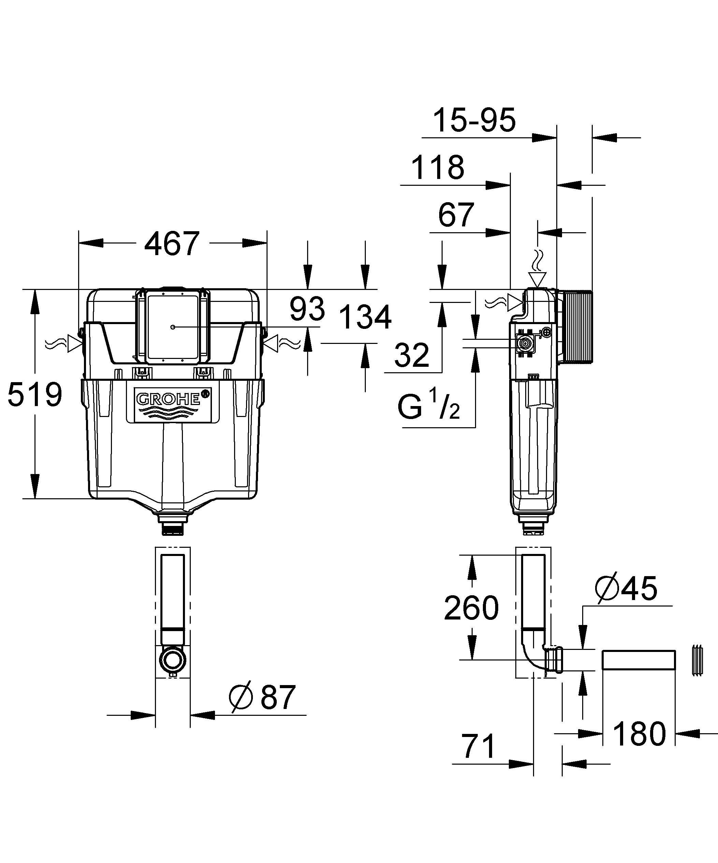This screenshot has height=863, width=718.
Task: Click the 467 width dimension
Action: point(172,244)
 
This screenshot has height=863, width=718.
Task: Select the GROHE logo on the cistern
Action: point(173,403)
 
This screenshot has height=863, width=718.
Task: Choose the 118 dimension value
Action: point(437,167)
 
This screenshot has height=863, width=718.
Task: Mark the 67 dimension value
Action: point(456,214)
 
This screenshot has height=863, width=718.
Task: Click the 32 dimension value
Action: point(412,356)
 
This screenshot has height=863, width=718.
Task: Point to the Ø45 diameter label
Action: point(626,588)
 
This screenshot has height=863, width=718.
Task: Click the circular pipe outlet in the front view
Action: point(173,659)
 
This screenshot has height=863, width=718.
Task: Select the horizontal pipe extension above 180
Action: point(639,660)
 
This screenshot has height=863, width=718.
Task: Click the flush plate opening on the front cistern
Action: point(173,327)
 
